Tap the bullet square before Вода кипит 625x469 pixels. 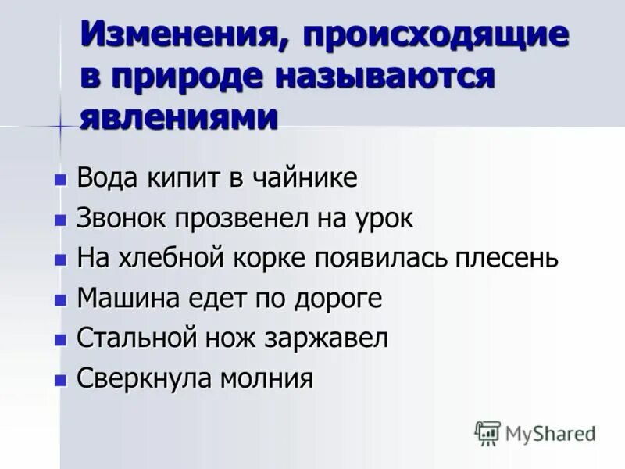pyautogui.click(x=59, y=180)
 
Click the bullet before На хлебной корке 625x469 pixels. pyautogui.click(x=59, y=260)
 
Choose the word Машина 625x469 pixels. pyautogui.click(x=125, y=299)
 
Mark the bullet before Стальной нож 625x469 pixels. pyautogui.click(x=59, y=342)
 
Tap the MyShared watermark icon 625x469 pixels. pyautogui.click(x=487, y=432)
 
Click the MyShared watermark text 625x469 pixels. pyautogui.click(x=550, y=433)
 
